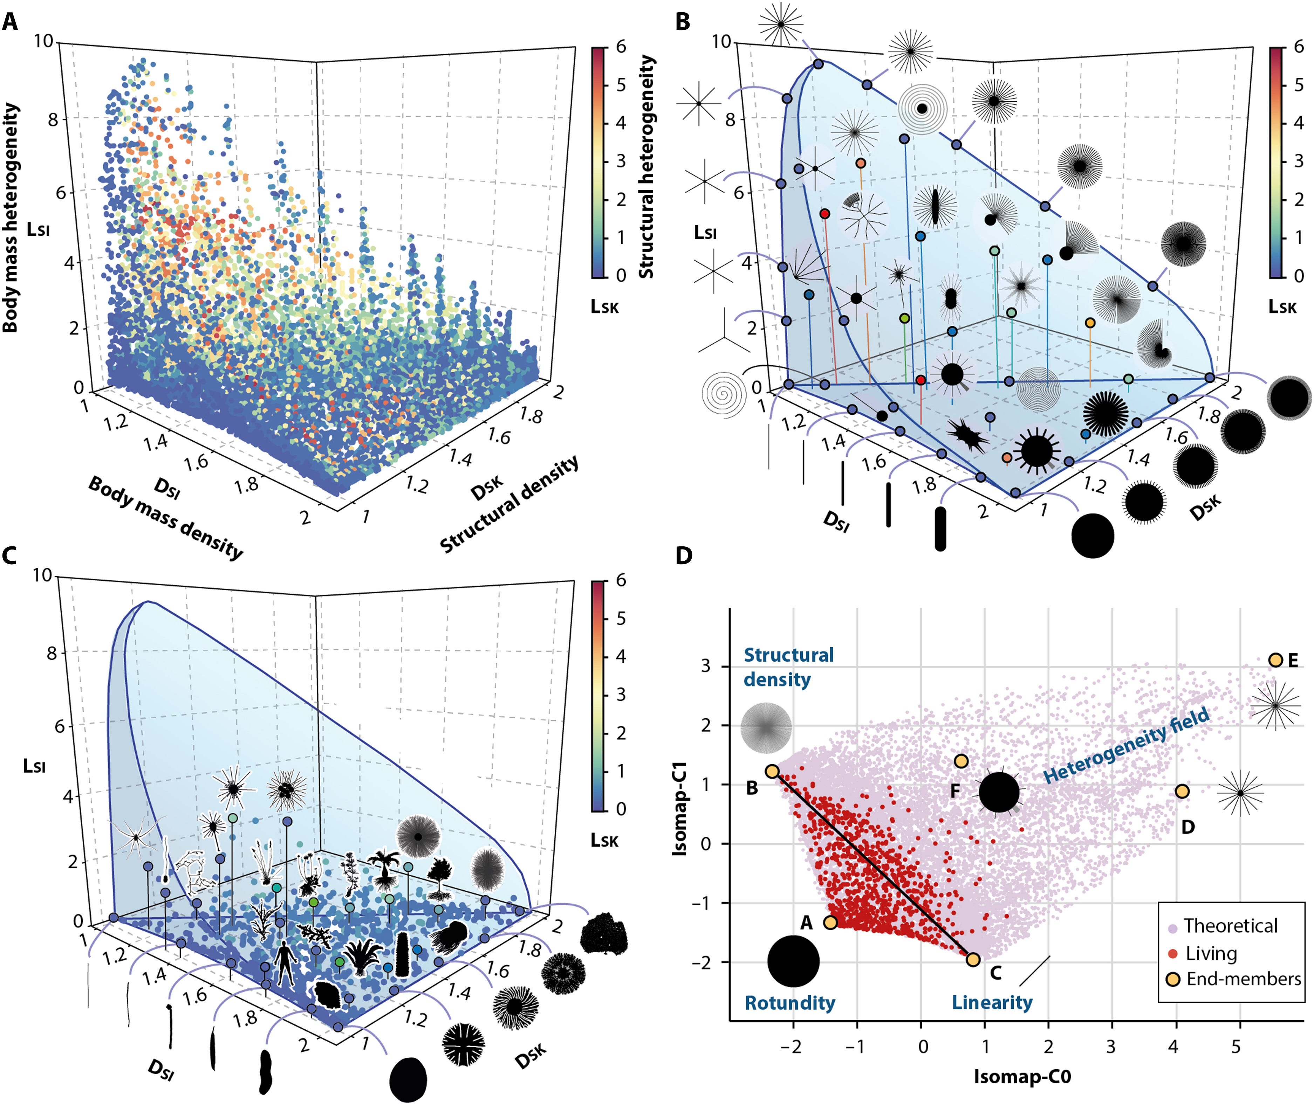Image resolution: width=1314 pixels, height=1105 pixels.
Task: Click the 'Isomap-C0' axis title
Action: click(x=1022, y=1076)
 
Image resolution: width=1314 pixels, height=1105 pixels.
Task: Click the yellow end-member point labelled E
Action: click(x=1275, y=659)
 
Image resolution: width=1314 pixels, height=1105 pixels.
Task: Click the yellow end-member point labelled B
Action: click(x=772, y=771)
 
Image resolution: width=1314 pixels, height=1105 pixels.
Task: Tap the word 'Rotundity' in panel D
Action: click(x=789, y=1003)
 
